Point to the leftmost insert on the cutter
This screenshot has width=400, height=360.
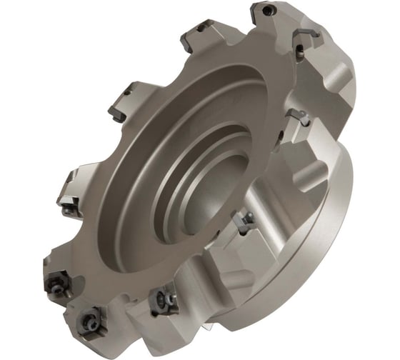(x=68, y=208)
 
